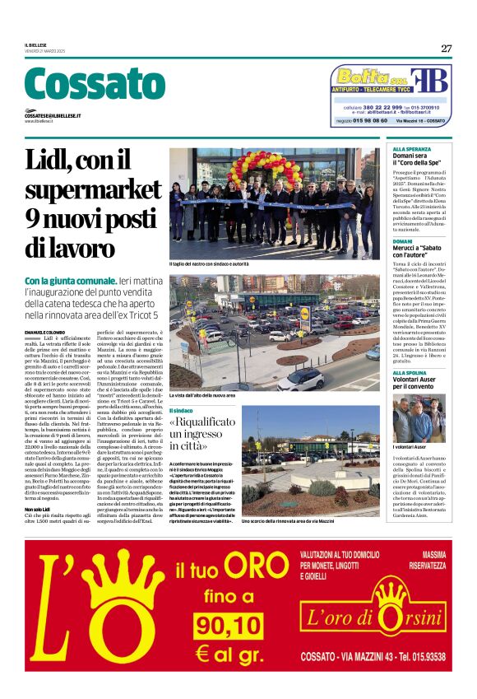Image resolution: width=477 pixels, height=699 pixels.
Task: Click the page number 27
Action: (446, 49)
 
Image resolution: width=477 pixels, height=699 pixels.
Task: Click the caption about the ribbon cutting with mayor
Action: (220, 263)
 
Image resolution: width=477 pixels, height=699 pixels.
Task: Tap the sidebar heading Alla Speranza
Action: (412, 149)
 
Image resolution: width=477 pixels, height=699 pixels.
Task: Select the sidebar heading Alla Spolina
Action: (411, 372)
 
